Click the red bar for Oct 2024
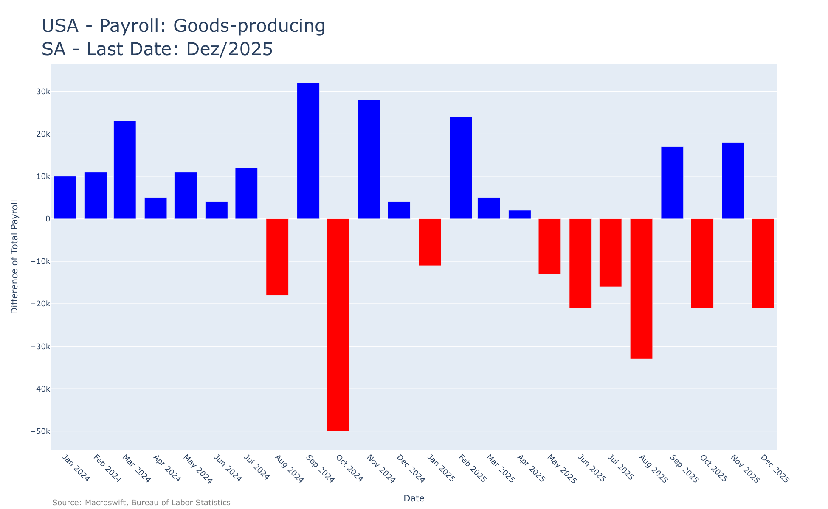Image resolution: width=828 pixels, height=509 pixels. pos(338,324)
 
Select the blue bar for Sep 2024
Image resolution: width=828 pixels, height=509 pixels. pos(308,151)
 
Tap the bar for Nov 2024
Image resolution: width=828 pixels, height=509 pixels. pos(369,159)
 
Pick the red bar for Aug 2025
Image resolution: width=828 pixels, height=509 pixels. pos(641,288)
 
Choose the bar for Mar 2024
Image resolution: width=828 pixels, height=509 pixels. pos(125,170)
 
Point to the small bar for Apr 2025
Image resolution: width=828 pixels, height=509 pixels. pos(519,215)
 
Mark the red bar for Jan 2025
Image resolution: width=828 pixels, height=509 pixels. pos(430,242)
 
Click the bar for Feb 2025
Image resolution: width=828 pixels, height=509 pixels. pos(461,168)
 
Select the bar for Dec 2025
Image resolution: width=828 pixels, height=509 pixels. pos(763,263)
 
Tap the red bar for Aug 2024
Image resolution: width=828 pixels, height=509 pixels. pos(277,257)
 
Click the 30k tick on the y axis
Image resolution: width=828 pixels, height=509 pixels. pos(42,92)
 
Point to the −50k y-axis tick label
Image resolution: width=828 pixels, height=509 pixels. pos(40,431)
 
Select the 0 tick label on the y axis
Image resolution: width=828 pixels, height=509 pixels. pos(47,219)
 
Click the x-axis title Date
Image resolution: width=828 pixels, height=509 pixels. pos(414,498)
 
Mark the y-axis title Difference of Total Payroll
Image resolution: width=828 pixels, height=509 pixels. pos(15,257)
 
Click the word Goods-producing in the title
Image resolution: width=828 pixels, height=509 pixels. pos(249,26)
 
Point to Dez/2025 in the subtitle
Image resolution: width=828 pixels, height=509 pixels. pos(229,49)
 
